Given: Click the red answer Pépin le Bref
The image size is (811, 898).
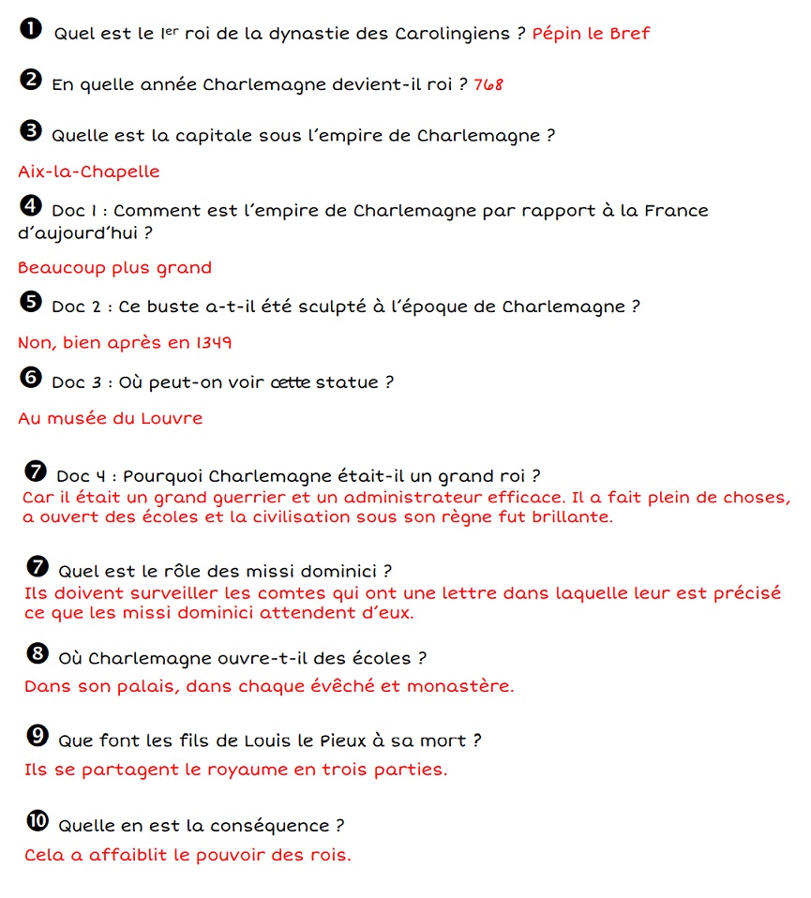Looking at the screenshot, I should [x=591, y=34].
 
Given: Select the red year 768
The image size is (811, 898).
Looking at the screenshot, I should [x=488, y=84].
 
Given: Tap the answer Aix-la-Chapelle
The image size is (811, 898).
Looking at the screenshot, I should [x=89, y=172].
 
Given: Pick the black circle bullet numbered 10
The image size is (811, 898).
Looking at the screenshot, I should [x=37, y=821].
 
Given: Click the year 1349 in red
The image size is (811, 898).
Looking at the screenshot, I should [x=214, y=343].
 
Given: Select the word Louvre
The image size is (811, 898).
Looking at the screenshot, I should [x=173, y=418].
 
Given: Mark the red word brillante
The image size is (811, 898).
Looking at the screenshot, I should [x=572, y=516].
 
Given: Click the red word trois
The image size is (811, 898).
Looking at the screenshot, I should [x=349, y=771].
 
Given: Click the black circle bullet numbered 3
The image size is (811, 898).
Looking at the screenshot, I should [x=30, y=131].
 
